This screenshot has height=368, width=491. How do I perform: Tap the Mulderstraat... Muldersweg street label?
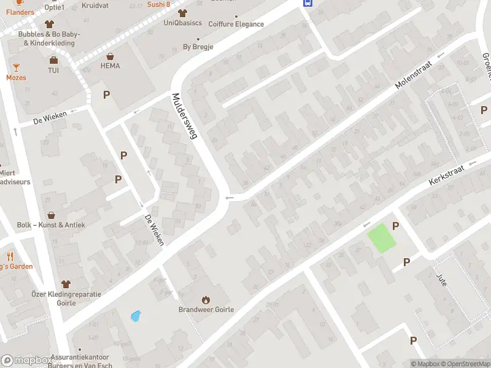click(x=184, y=117)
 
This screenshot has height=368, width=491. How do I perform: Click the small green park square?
click(x=381, y=238)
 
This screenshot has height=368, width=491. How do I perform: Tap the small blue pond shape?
click(x=136, y=316)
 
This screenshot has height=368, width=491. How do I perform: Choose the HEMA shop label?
click(x=110, y=66)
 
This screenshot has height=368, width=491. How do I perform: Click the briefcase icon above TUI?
click(x=54, y=60)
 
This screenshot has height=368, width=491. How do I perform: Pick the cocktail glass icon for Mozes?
click(x=16, y=67)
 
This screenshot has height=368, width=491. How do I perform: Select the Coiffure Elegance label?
click(x=236, y=25)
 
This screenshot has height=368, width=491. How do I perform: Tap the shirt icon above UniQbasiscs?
click(x=182, y=13)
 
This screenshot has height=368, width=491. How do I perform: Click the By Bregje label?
click(x=198, y=47)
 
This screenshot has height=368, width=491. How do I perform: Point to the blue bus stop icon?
click(x=307, y=2)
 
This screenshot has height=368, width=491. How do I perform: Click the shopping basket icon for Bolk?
click(x=51, y=215)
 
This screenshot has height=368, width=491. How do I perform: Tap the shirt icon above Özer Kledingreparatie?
click(x=66, y=284)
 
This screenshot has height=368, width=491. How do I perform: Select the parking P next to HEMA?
click(x=107, y=95)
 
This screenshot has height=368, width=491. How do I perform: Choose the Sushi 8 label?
click(x=158, y=4)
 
